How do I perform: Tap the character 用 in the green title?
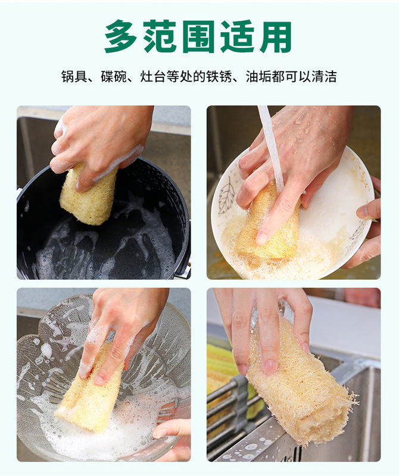pyautogui.click(x=276, y=36)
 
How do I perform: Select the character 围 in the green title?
pyautogui.click(x=199, y=36)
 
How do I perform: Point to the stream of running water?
pyautogui.click(x=272, y=146)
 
